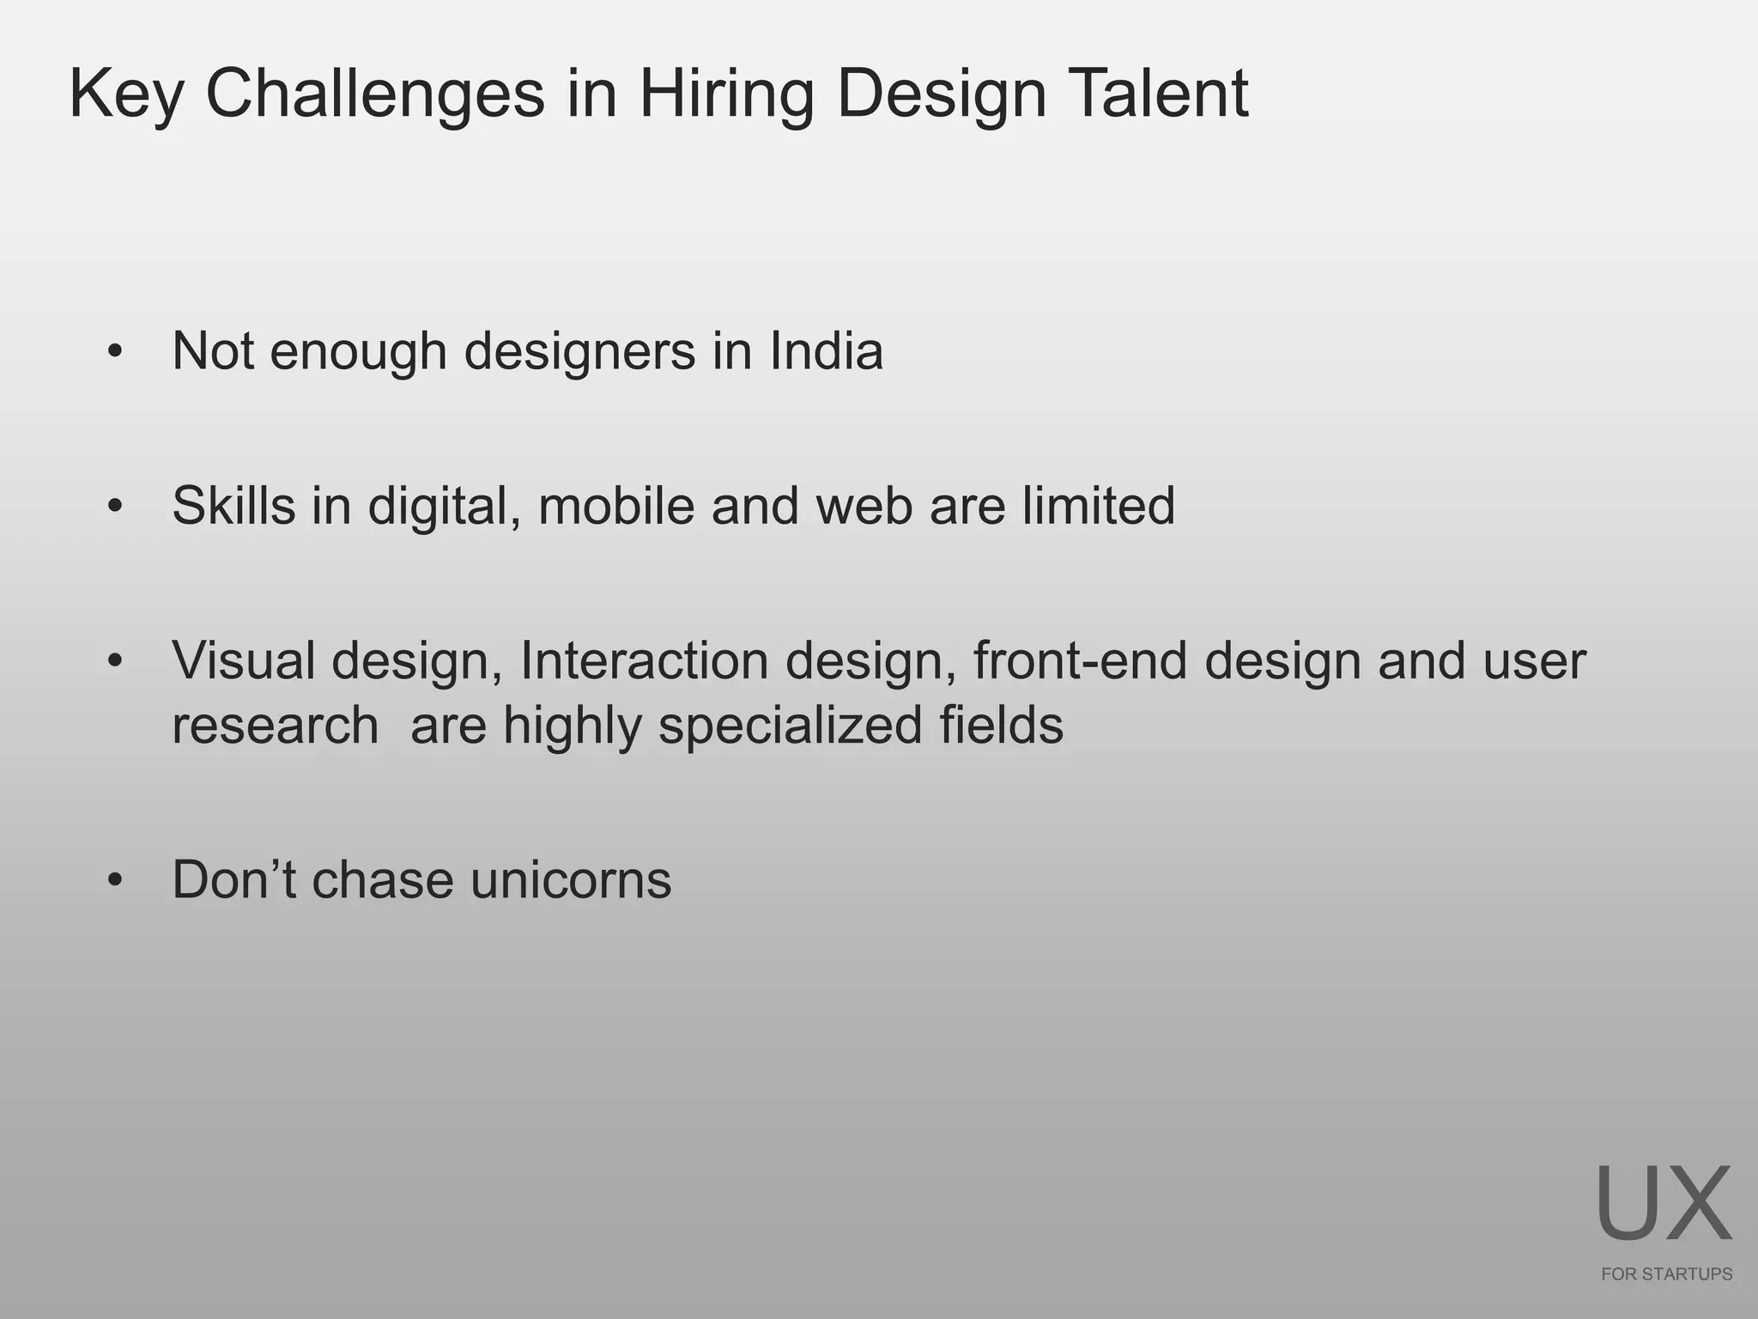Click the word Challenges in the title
point(374,94)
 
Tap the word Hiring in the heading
point(725,94)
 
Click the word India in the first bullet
point(826,351)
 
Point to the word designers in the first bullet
point(579,353)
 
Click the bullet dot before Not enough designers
point(116,352)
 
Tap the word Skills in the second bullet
point(233,506)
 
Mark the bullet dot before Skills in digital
point(116,507)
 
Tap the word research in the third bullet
point(275,726)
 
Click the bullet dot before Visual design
point(116,661)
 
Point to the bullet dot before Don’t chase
point(116,881)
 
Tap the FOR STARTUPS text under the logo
point(1666,1274)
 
